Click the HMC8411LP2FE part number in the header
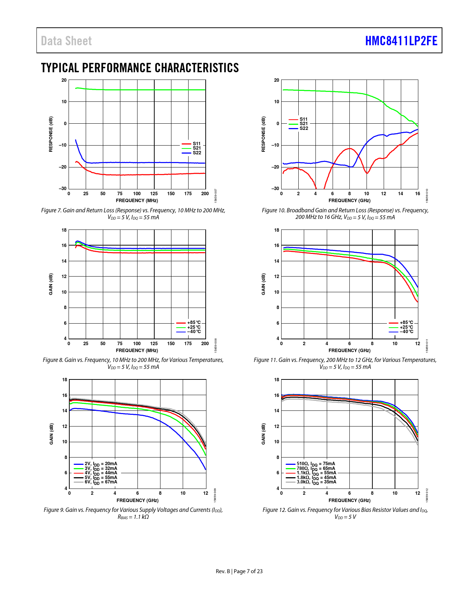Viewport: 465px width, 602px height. pyautogui.click(x=401, y=41)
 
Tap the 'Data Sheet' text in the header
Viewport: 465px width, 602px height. pyautogui.click(x=66, y=41)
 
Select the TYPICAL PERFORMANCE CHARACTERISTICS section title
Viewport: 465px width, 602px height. pyautogui.click(x=140, y=68)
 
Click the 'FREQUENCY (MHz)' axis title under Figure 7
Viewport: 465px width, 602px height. pyautogui.click(x=137, y=200)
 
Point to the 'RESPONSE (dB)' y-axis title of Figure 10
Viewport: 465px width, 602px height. pyautogui.click(x=263, y=134)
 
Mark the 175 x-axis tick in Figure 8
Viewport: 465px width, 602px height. pyautogui.click(x=188, y=344)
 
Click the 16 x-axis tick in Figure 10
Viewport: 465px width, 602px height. pyautogui.click(x=418, y=194)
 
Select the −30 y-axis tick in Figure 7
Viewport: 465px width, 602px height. pyautogui.click(x=63, y=189)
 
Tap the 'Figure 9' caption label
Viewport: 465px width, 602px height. pyautogui.click(x=54, y=510)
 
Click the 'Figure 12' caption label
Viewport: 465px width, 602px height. pyautogui.click(x=274, y=510)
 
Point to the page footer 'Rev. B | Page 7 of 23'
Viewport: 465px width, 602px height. pyautogui.click(x=239, y=571)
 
